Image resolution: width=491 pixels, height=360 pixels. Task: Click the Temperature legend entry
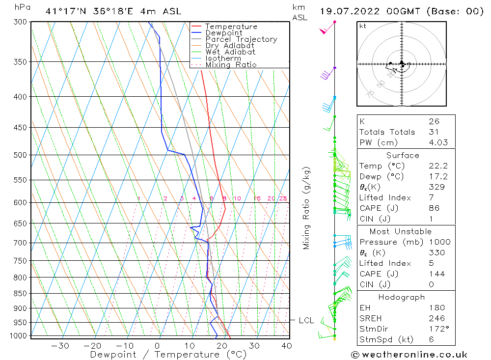(231, 27)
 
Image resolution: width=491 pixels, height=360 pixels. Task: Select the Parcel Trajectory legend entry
(241, 39)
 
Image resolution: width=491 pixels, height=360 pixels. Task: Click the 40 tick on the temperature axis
(286, 346)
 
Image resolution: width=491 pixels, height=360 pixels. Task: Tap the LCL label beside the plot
(306, 321)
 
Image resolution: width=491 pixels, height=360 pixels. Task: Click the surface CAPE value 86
(434, 208)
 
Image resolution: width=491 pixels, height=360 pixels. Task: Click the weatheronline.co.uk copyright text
(409, 355)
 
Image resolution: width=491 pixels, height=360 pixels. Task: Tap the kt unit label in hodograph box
(363, 26)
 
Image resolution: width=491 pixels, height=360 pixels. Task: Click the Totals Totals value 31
(434, 132)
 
